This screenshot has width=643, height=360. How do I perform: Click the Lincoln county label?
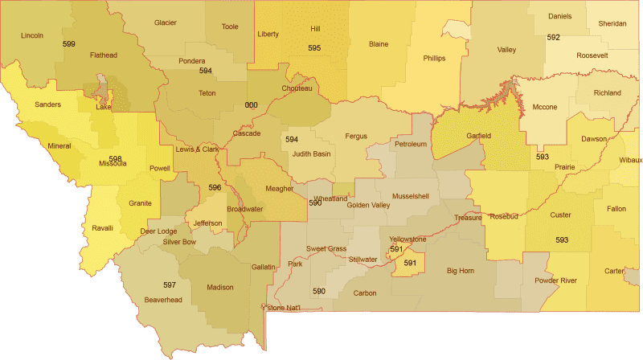pos(32,35)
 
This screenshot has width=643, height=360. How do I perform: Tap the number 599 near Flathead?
pos(69,43)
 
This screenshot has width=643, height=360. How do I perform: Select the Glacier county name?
pos(166,22)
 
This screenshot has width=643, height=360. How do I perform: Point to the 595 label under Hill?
pos(314,48)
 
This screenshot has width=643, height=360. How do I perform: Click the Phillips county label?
pos(434,58)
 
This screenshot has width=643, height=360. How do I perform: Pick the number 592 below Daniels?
pos(553,37)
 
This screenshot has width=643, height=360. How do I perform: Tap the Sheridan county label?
pos(612,23)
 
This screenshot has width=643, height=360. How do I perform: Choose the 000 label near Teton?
pos(252,105)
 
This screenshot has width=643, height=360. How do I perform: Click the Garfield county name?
pos(478,136)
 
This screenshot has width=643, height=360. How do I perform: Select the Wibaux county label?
pos(630,160)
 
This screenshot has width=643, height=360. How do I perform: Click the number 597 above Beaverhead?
pos(170,285)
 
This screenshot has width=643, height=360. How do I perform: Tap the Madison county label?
pos(219,287)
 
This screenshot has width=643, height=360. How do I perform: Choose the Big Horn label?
pos(461,271)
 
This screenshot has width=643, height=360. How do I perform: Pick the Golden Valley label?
pos(368,205)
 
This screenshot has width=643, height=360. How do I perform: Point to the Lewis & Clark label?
pos(197,149)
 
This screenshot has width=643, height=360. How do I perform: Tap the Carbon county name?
pos(364,293)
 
